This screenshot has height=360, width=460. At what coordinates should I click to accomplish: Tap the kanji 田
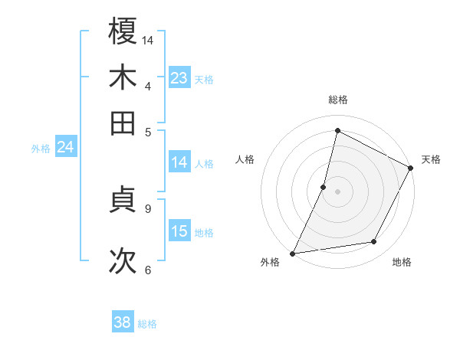tap(123, 123)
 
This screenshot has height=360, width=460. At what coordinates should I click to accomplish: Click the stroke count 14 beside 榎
tap(148, 39)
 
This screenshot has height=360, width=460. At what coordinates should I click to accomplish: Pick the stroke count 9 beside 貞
tap(147, 208)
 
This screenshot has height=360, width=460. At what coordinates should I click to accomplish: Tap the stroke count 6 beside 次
tap(147, 270)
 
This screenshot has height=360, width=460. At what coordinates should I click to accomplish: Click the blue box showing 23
tap(179, 78)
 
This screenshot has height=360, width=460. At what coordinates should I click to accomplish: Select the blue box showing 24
tap(65, 147)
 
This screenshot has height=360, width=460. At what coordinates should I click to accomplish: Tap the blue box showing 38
tap(123, 323)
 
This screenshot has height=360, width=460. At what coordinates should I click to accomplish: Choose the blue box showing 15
tap(179, 231)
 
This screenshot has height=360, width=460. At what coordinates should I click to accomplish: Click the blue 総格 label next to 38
tap(147, 324)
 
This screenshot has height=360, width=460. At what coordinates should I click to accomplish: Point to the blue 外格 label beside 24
tap(41, 149)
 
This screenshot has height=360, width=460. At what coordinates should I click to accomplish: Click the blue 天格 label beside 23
tap(204, 79)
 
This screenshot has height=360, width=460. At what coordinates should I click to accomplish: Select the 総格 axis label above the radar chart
tap(338, 100)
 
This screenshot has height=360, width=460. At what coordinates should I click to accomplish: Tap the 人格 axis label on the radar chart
tap(245, 159)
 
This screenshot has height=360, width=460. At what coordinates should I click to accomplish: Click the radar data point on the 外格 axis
tap(292, 253)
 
